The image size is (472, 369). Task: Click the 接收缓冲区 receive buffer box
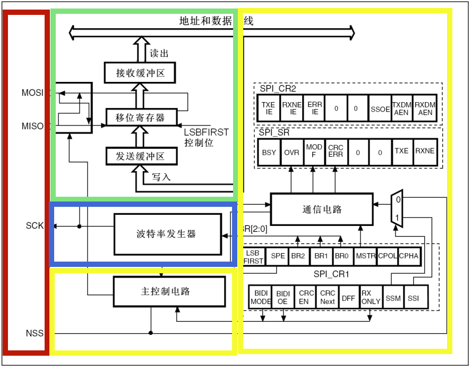click(x=140, y=72)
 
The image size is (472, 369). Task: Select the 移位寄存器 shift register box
click(x=140, y=118)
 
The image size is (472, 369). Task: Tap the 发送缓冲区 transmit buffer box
click(x=140, y=156)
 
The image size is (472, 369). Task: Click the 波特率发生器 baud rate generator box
click(x=167, y=234)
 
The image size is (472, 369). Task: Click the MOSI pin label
click(x=32, y=93)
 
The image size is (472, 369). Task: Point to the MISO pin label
click(x=32, y=126)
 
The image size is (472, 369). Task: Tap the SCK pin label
click(x=35, y=225)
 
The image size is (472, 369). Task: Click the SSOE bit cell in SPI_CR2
click(x=380, y=108)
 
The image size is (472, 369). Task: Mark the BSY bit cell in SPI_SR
click(x=269, y=152)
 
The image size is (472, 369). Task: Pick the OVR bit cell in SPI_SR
click(x=291, y=152)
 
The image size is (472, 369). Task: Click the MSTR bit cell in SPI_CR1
click(x=365, y=256)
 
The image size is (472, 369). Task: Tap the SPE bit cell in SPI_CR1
click(x=278, y=256)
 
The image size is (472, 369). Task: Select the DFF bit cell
click(x=348, y=298)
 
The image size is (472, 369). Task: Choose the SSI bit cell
click(x=414, y=298)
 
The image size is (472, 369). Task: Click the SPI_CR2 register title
click(x=278, y=88)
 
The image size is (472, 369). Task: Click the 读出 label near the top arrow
click(x=159, y=53)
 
